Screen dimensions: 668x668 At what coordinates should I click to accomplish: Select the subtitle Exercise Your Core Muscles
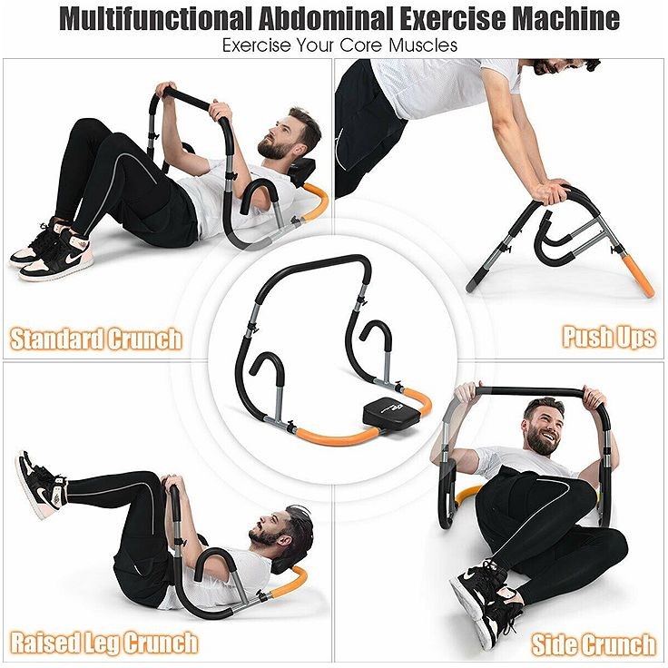pos(334,44)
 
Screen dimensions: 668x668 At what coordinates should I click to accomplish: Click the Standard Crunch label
pos(96,340)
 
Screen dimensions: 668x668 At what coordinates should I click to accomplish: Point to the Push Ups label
pos(608,338)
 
